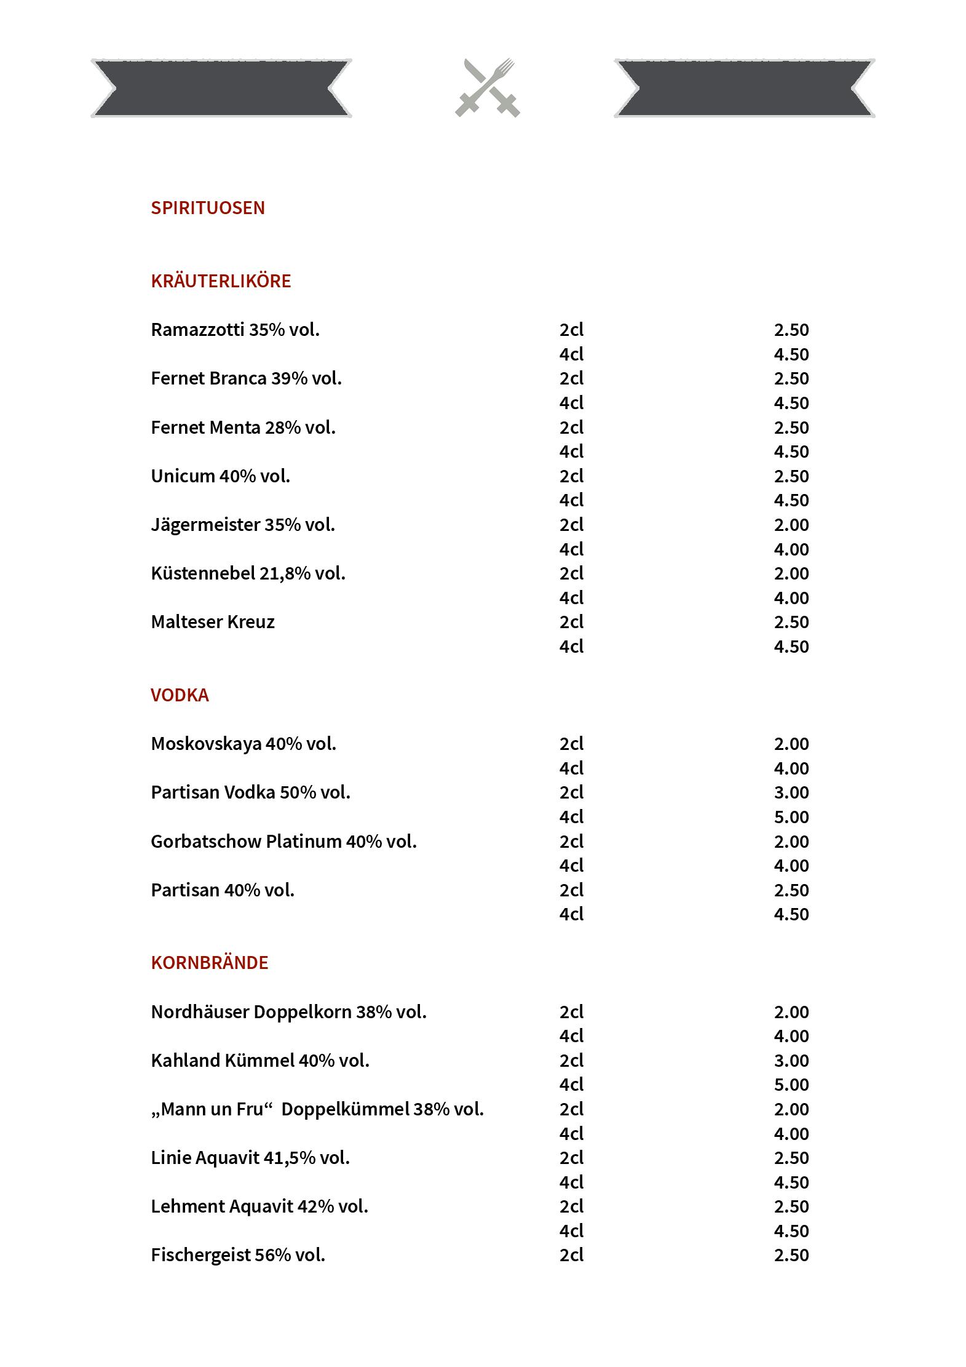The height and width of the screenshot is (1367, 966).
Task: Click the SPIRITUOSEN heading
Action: pyautogui.click(x=208, y=208)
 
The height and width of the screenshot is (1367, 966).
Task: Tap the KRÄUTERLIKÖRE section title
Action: pyautogui.click(x=221, y=281)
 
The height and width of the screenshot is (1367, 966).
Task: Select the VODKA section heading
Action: pyautogui.click(x=180, y=695)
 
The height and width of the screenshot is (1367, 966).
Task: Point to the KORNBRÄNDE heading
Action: pyautogui.click(x=210, y=963)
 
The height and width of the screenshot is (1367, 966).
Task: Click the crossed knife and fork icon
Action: pyautogui.click(x=488, y=87)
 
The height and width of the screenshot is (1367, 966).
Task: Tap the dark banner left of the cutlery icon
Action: pyautogui.click(x=221, y=88)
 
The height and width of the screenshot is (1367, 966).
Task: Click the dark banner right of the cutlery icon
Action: pyautogui.click(x=744, y=88)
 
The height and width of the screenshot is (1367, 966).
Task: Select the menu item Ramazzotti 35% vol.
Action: pyautogui.click(x=235, y=330)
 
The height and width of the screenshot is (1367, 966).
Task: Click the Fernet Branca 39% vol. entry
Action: pyautogui.click(x=246, y=378)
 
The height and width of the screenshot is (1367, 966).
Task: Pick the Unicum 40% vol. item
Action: pyautogui.click(x=220, y=476)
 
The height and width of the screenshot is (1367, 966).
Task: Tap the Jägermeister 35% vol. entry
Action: pyautogui.click(x=243, y=525)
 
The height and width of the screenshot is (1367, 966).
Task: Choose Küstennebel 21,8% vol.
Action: pyautogui.click(x=248, y=573)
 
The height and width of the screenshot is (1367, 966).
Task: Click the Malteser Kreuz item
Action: pyautogui.click(x=213, y=622)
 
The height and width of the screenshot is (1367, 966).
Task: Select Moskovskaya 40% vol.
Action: pyautogui.click(x=243, y=744)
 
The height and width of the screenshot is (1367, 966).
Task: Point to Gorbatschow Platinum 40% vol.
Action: pyautogui.click(x=283, y=842)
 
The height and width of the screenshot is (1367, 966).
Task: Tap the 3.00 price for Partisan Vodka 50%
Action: pyautogui.click(x=791, y=792)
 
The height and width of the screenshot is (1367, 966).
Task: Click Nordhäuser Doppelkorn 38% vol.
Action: pyautogui.click(x=288, y=1012)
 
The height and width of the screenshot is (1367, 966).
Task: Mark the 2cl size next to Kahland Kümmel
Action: pyautogui.click(x=571, y=1061)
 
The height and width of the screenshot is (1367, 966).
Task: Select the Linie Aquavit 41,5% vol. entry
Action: pyautogui.click(x=250, y=1158)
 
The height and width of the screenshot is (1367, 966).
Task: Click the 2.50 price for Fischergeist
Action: pyautogui.click(x=791, y=1255)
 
